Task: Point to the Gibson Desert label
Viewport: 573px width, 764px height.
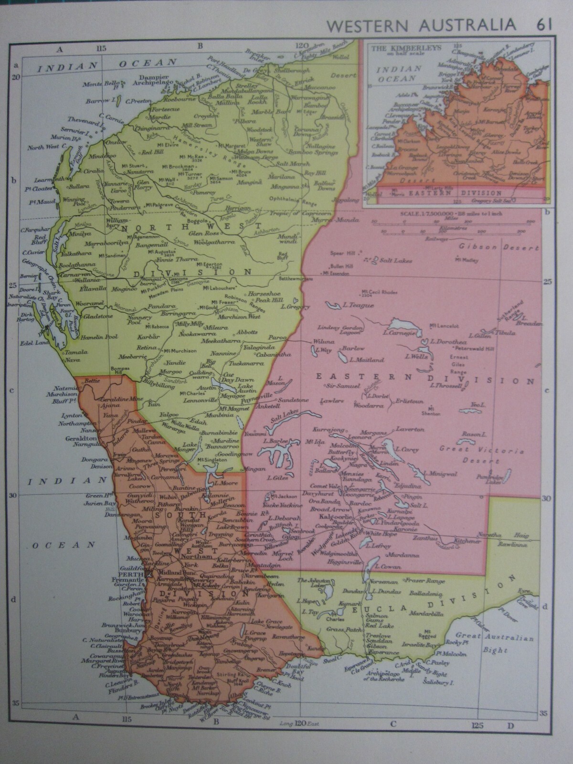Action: (x=498, y=248)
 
